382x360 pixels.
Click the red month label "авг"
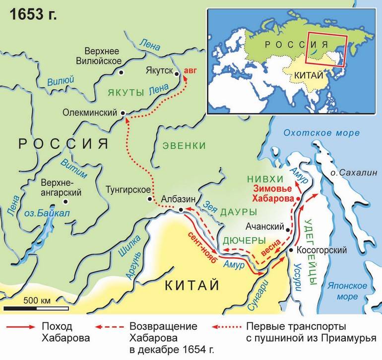(190, 70)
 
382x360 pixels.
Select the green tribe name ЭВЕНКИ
(183, 145)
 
